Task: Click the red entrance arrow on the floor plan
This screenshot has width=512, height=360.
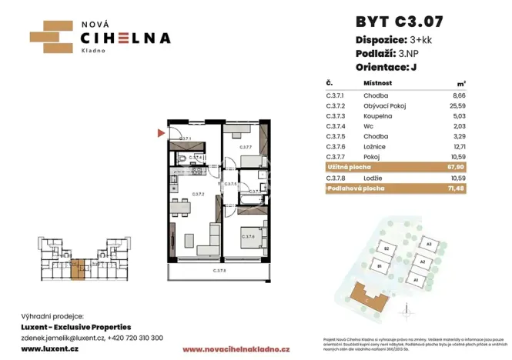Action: click(160, 133)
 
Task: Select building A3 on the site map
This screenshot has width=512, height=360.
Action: click(430, 245)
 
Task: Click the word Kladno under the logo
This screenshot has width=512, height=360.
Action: click(94, 48)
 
